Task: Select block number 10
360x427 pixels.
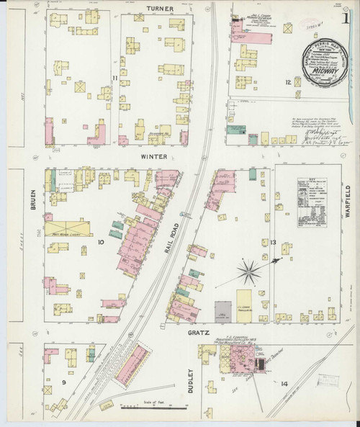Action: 101,243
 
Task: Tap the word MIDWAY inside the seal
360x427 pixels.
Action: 322,71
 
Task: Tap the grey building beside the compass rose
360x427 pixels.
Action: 223,310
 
